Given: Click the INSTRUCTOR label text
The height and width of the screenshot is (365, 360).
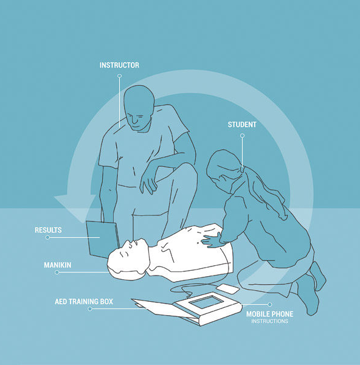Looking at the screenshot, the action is click(119, 65).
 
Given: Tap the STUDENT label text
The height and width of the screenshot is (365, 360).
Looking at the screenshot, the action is click(242, 125).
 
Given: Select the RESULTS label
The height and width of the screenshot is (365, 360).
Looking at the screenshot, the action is click(48, 230).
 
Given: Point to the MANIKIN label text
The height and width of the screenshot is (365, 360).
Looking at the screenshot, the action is click(58, 265).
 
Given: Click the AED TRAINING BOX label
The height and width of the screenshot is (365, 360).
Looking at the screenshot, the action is click(84, 302).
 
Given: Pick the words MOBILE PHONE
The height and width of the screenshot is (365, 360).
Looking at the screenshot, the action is click(270, 315).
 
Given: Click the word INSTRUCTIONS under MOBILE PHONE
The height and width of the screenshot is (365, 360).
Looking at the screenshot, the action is click(270, 321).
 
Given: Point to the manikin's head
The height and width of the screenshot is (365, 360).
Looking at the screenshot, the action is click(128, 259).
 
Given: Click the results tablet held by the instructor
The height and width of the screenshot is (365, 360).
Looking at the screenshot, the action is click(102, 239).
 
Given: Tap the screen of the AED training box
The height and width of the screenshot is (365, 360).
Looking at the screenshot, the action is click(206, 302).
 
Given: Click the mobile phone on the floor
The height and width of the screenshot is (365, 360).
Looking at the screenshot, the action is click(227, 289).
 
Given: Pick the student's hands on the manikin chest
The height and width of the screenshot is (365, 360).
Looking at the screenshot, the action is click(211, 240).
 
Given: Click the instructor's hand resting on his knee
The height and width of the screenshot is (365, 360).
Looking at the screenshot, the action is click(148, 182).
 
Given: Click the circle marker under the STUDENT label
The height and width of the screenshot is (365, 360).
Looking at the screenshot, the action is click(242, 136).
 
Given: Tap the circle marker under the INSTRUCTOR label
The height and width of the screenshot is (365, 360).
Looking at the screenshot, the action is click(119, 76).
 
